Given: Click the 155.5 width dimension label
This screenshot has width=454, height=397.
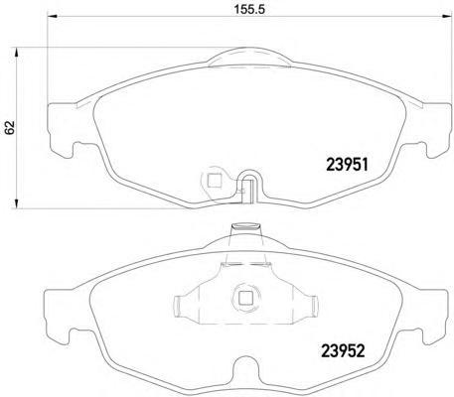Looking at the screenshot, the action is [x=249, y=10].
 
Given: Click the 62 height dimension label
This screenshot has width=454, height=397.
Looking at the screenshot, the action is [x=10, y=127].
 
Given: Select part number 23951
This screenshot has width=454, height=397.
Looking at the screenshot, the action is [x=347, y=164].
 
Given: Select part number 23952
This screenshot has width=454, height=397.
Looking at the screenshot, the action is [x=343, y=350].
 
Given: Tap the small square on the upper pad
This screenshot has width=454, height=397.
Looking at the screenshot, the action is [x=214, y=181].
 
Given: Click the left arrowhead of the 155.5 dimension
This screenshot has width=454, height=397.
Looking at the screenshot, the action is [x=53, y=16].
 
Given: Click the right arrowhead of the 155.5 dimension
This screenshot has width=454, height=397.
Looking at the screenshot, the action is [x=447, y=16].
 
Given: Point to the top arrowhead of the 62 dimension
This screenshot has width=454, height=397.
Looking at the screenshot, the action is [x=15, y=53].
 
